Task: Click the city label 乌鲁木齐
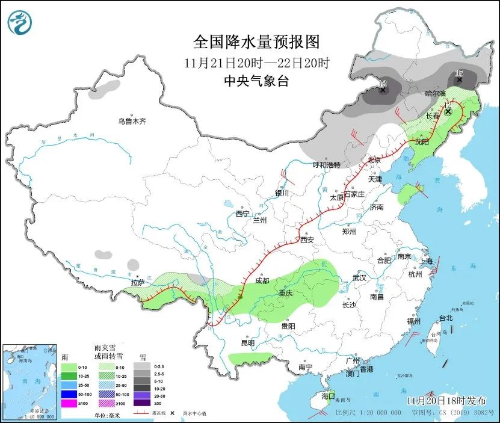pos(132,121)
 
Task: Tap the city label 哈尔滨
pos(435,93)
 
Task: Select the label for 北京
pos(375,160)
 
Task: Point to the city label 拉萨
pos(138,282)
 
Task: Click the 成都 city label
pos(262,281)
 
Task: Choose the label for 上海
pos(427,261)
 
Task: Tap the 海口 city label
pos(327,397)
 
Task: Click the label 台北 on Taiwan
pos(445,318)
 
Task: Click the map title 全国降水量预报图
pos(256,42)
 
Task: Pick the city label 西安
pos(307,239)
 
